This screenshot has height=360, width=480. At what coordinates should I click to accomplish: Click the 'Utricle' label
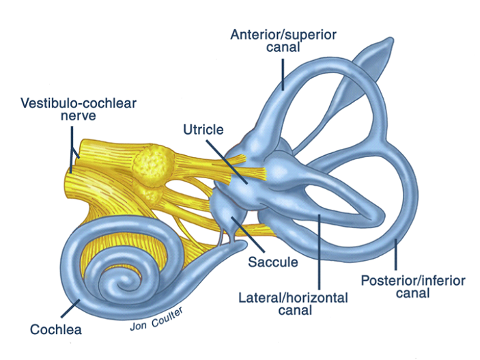pos(203,128)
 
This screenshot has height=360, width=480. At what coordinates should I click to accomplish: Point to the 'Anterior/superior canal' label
pos(283,41)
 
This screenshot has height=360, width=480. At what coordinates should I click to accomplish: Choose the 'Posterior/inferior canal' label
pos(412,287)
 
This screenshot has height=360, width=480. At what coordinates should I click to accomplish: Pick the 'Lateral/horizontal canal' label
pos(293,305)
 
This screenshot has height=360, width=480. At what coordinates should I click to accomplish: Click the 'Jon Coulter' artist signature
pos(157,318)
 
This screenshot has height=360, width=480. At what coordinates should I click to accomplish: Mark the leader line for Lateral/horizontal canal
pos(320,253)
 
